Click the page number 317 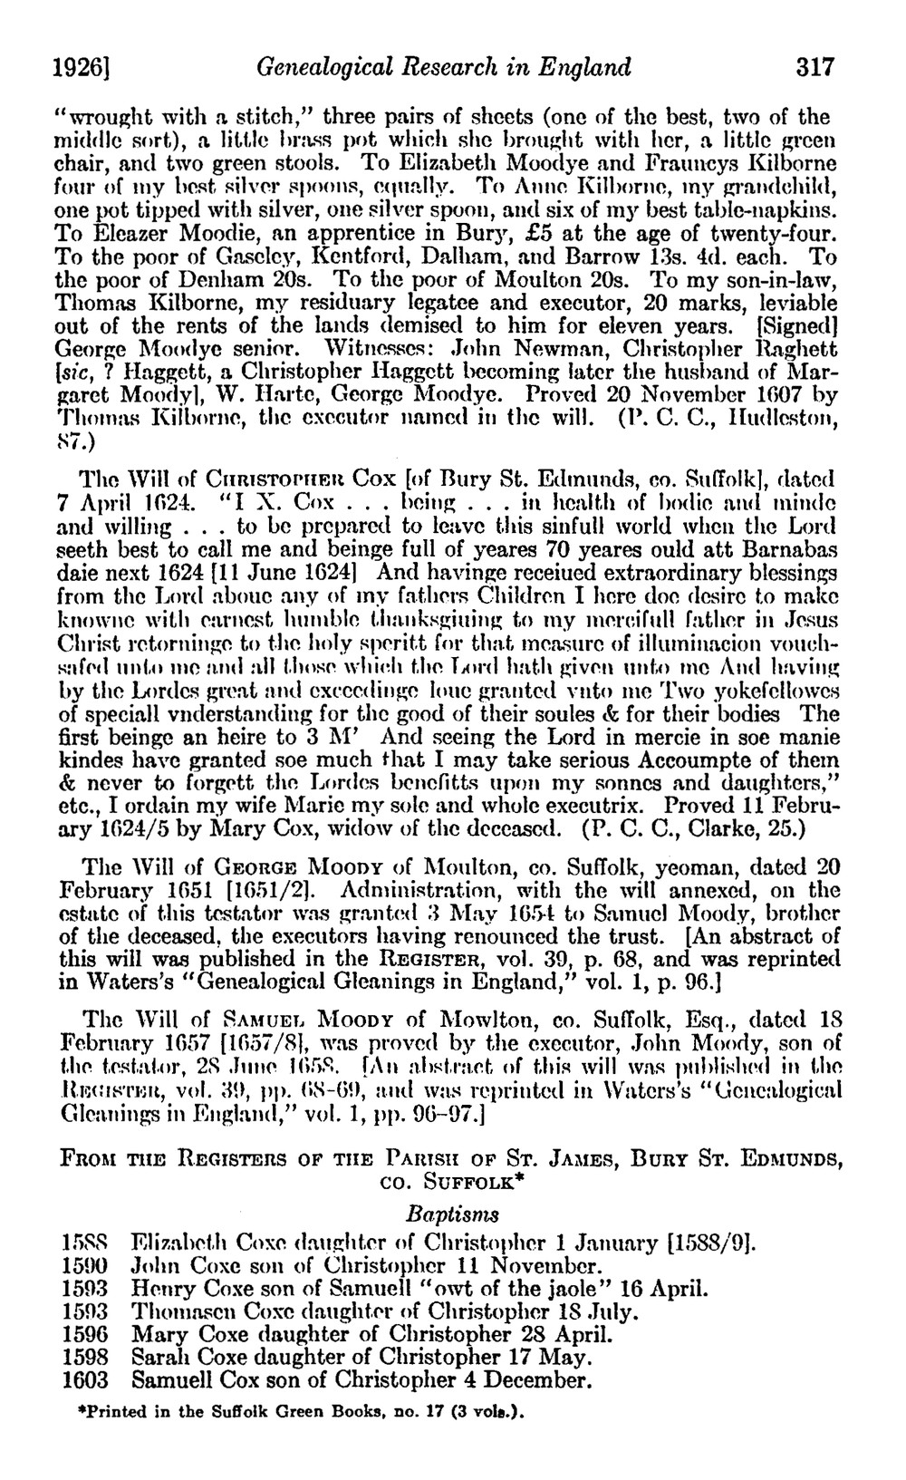pyautogui.click(x=814, y=67)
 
